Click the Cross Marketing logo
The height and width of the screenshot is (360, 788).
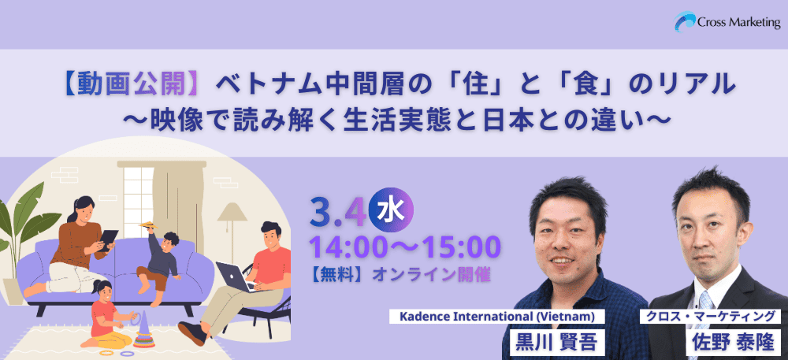pyautogui.click(x=727, y=21)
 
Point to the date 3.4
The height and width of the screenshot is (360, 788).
pyautogui.click(x=337, y=211)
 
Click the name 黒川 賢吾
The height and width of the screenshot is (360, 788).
pyautogui.click(x=556, y=343)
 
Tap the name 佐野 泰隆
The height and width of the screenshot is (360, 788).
pyautogui.click(x=734, y=343)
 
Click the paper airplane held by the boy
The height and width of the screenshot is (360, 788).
pyautogui.click(x=151, y=226)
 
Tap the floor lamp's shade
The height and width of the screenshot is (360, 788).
pyautogui.click(x=232, y=212)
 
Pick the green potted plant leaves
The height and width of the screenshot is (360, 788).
pyautogui.click(x=25, y=221)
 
